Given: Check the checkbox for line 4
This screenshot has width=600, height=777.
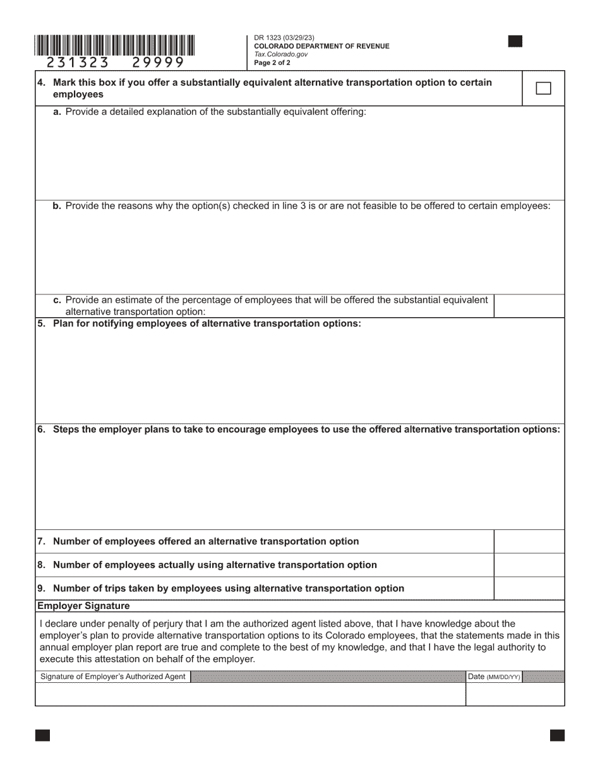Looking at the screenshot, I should point(543,88).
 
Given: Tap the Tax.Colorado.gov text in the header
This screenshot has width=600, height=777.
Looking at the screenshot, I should point(281,54).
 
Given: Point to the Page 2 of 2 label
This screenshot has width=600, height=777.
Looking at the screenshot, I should point(272,63).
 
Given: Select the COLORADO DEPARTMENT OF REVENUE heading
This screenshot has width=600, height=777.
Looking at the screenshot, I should point(321,46).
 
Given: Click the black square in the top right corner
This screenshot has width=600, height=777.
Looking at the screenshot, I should point(515,42).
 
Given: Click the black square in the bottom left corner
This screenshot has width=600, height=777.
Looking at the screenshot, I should point(42,735).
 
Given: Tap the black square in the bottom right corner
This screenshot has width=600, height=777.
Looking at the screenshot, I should point(557,735).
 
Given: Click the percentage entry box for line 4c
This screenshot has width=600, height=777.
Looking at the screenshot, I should point(529,306).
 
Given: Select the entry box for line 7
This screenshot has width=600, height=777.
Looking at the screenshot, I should point(529,541).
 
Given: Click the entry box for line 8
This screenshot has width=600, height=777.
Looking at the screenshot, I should point(529,565).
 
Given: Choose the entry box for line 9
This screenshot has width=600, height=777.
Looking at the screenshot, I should point(529,588).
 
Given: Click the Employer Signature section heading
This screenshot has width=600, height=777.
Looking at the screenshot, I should point(83,606).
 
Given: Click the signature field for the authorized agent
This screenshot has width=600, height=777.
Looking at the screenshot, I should point(250,694).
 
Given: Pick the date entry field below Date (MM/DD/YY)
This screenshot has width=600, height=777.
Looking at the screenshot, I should point(515,694).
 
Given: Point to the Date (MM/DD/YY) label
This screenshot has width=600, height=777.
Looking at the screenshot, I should point(494,677).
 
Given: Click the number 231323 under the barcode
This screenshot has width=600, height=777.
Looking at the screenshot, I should point(78,62).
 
